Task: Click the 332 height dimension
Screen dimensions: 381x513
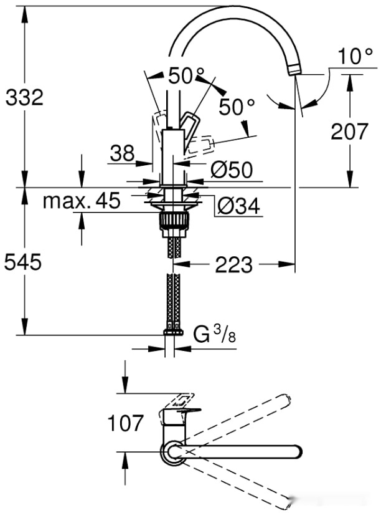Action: tap(24, 97)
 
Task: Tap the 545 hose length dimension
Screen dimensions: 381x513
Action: tap(23, 262)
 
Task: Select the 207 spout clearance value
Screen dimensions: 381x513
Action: tap(350, 131)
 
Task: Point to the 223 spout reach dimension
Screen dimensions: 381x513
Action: tap(234, 264)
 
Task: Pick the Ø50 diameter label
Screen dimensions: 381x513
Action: tap(232, 170)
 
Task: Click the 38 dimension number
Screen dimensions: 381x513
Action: tap(122, 153)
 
